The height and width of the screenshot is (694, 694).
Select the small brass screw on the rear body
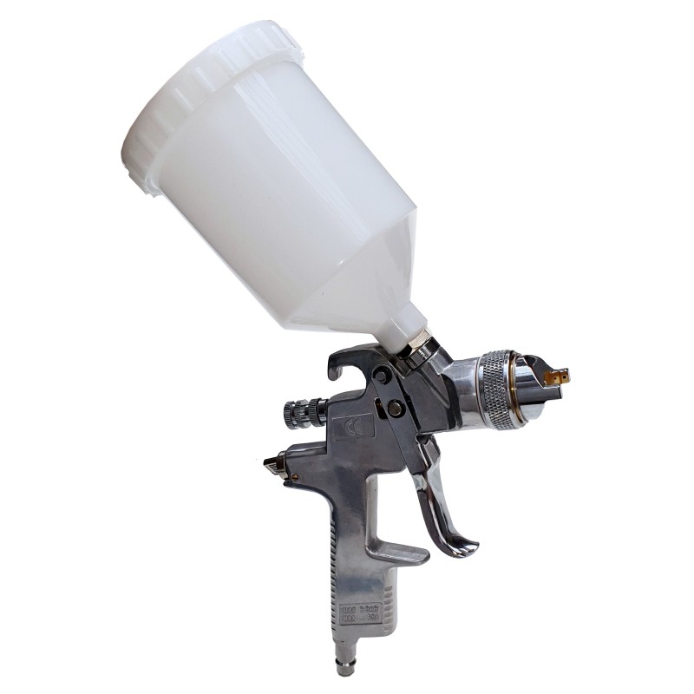point(299,475)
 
